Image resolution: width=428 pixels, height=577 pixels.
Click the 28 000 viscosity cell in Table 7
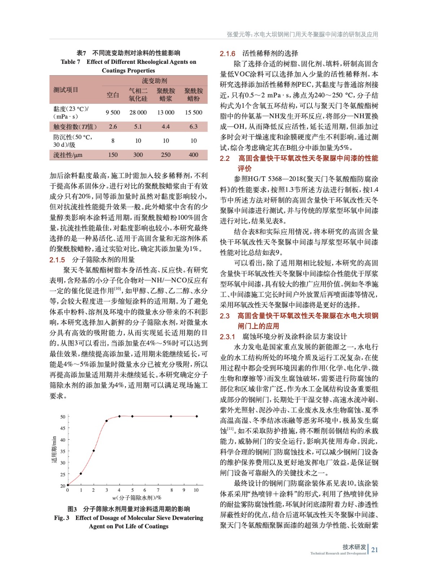click(138, 113)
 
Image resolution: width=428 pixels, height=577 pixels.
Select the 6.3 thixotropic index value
click(194, 127)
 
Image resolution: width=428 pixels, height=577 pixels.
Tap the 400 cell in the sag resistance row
click(194, 155)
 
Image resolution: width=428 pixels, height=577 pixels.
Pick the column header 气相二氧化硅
click(138, 94)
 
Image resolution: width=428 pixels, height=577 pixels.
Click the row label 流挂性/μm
click(68, 155)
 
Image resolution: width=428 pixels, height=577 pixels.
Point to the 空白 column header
click(112, 95)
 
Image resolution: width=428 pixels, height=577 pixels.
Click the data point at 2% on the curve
click(94, 451)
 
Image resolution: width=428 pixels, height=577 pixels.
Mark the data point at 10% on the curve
click(197, 416)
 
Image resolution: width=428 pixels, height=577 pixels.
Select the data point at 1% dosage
click(81, 474)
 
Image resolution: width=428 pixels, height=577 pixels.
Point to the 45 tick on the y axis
click(63, 428)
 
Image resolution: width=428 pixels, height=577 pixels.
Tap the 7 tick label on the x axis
click(158, 490)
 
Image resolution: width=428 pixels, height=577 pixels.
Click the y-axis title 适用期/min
click(54, 449)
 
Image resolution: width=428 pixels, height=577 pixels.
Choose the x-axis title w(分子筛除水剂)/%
click(137, 498)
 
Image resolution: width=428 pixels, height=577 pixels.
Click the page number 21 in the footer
click(375, 550)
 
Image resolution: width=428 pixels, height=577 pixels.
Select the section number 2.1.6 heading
click(228, 54)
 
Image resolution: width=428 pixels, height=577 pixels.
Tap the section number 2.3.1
click(228, 337)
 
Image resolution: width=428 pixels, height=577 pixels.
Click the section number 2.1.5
click(57, 260)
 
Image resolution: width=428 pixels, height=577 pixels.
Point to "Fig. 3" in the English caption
click(62, 518)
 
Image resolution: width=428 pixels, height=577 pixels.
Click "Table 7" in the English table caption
click(70, 62)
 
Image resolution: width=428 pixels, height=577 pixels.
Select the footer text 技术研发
click(354, 547)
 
